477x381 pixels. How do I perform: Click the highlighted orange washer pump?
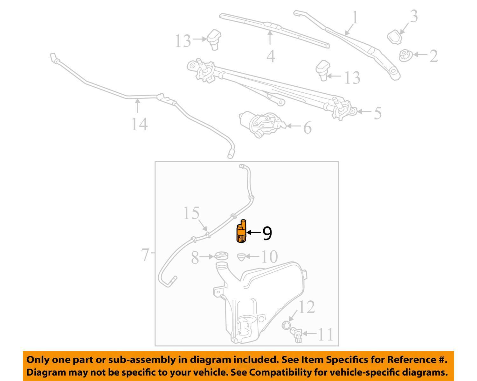coord(241,231)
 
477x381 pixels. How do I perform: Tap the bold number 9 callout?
coord(267,234)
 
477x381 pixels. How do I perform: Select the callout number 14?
coord(139,124)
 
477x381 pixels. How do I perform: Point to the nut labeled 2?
coord(405,55)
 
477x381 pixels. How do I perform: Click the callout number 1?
coord(355,17)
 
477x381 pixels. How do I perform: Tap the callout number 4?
coord(271,56)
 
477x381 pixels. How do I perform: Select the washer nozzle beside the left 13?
coord(214,40)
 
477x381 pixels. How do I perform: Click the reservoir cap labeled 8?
coord(221,256)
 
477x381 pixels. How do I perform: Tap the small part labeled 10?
coord(241,257)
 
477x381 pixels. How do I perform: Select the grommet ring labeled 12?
coord(286,325)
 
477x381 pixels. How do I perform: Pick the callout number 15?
coord(191,213)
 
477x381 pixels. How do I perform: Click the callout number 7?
coord(145,255)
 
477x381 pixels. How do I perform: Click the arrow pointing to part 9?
coord(253,233)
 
